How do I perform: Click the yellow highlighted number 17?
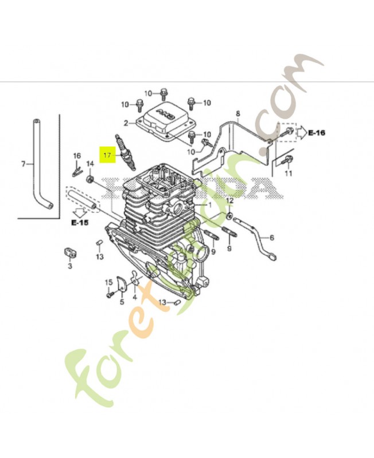point(107,155)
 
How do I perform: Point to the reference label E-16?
point(316,133)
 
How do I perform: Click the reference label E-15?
point(80,222)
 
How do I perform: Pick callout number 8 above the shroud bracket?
point(237,114)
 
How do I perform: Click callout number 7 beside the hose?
point(24,164)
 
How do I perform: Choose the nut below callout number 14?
point(90,180)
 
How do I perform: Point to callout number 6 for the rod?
point(272,237)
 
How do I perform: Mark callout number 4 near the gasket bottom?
point(135,298)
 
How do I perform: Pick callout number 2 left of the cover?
point(126,123)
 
